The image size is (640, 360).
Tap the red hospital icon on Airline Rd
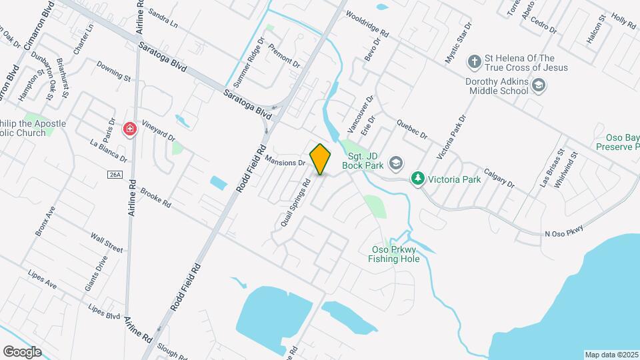click(130, 128)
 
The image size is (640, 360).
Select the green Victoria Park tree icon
click(418, 179)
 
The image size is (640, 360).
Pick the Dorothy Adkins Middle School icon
click(539, 85)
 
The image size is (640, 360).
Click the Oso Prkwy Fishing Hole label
click(395, 254)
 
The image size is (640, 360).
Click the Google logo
click(21, 351)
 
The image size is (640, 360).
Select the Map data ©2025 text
click(610, 355)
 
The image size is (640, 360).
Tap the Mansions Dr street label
click(285, 161)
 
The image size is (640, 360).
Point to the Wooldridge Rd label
click(367, 23)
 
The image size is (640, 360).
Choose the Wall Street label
click(107, 243)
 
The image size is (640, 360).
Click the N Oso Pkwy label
click(564, 233)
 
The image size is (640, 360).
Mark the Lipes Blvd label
click(105, 311)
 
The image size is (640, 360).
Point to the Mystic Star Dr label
click(459, 43)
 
